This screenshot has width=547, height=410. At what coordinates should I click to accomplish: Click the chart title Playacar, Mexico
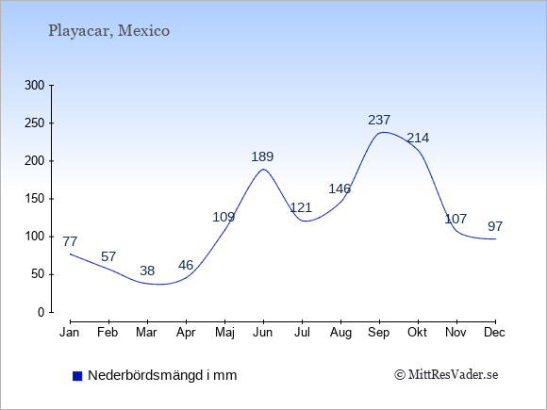tap(108, 31)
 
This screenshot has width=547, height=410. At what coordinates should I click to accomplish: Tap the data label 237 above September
tap(379, 120)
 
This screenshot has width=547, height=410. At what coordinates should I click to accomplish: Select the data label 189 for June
tap(262, 156)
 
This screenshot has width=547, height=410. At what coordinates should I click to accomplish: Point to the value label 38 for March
tap(147, 271)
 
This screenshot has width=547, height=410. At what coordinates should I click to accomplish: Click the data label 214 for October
tap(418, 138)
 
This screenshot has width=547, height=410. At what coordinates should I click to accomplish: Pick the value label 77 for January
tap(70, 241)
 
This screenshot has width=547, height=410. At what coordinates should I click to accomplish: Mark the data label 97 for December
tap(495, 226)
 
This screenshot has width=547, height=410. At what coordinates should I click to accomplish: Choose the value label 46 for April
tap(186, 265)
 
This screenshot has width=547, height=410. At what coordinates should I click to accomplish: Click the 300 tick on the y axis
tap(35, 85)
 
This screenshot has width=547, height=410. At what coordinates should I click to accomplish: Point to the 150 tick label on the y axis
tap(35, 199)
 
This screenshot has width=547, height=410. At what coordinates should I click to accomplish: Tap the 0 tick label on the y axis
tap(41, 312)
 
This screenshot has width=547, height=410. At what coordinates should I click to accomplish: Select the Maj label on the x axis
tap(224, 333)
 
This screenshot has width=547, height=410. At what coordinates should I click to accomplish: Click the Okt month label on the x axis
tap(417, 333)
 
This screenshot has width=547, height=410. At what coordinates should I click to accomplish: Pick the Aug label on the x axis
tap(340, 333)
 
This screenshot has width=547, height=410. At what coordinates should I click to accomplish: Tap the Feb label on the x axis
tap(108, 333)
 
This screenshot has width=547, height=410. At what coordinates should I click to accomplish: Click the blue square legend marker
tap(77, 376)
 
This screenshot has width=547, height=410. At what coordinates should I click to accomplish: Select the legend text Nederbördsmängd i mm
tap(162, 375)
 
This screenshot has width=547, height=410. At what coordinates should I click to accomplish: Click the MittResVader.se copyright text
tap(446, 375)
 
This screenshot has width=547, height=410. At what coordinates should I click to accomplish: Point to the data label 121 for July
tap(301, 207)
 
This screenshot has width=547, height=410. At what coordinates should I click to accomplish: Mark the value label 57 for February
tap(108, 256)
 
